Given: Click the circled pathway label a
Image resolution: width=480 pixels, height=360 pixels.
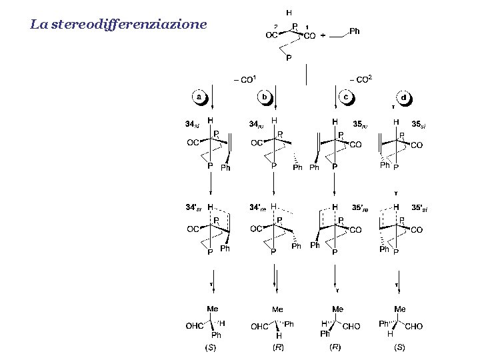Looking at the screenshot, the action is tap(199, 97).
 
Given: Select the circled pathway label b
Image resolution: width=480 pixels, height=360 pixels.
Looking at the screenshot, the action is tap(265, 97).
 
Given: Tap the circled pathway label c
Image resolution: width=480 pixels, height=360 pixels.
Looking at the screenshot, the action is tap(346, 97).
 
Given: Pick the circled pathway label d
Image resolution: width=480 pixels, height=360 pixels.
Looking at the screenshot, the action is tap(405, 97).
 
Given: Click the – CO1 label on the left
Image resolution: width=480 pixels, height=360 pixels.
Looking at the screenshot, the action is tap(244, 80).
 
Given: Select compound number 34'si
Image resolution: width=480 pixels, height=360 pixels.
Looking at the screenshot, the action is tap(193, 207).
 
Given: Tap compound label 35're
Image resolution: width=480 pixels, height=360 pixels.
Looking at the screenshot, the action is tap(360, 209).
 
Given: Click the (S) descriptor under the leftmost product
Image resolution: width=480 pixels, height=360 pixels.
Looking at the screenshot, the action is tap(210, 348).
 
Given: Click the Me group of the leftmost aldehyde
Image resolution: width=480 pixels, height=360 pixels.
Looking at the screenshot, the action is tap(213, 309).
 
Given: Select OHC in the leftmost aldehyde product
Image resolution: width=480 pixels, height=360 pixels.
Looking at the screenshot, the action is tap(194, 326).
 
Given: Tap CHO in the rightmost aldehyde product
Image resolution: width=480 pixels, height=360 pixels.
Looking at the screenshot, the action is tap(414, 326).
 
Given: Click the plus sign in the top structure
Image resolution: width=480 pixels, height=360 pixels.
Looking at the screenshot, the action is tap(323, 37).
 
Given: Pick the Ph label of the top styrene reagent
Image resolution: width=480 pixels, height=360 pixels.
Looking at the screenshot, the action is tap(355, 30).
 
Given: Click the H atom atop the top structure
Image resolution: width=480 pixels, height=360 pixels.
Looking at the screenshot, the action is tap(289, 12).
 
